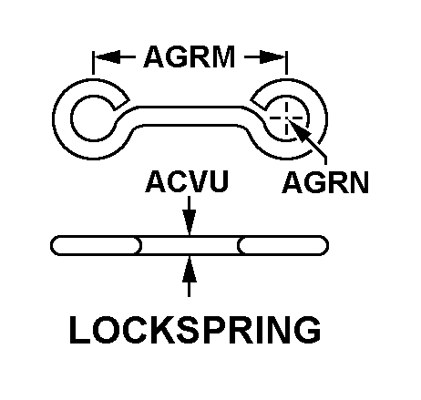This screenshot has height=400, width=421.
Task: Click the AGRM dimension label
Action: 190,56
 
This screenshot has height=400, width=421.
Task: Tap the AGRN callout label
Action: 325,182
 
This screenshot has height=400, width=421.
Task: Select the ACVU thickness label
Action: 187,181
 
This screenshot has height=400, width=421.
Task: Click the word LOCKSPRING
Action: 195,330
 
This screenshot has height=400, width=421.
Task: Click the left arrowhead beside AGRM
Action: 107,56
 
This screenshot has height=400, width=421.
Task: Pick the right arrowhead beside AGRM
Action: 272,56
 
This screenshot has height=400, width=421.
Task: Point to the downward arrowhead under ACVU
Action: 190,221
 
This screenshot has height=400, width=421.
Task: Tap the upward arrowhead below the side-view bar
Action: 190,269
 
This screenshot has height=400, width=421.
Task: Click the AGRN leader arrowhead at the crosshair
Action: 300,131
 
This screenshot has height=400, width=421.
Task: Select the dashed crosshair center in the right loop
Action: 286,118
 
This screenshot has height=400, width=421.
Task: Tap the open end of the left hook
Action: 121,105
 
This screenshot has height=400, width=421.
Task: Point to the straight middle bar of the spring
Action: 190,116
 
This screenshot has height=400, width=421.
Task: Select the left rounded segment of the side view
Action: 96,245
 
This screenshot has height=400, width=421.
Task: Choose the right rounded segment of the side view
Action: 282,245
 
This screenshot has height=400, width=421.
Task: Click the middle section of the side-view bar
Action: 190,245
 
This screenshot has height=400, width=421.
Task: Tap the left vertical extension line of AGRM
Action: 93,63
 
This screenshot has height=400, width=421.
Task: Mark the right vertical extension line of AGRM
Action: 286,63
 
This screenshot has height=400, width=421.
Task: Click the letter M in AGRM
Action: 224,56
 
